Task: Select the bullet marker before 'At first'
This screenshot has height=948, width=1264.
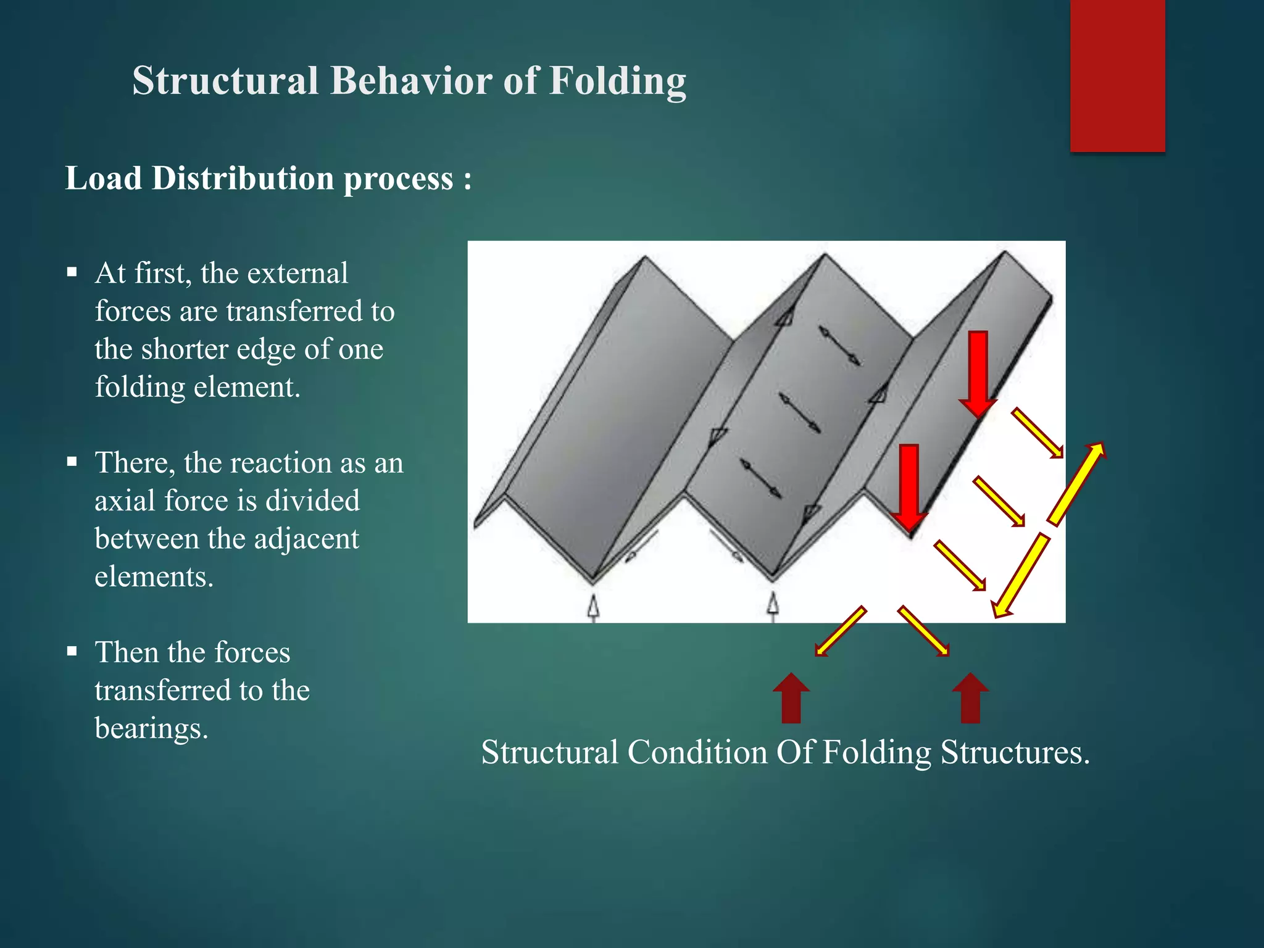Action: [72, 272]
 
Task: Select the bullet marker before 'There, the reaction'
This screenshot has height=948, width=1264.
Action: [72, 461]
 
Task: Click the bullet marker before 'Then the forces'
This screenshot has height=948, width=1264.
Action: [72, 651]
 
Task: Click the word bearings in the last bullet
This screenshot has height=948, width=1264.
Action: [151, 728]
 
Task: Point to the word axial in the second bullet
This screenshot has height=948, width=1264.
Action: [125, 501]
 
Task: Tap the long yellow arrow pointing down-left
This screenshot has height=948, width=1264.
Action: [1021, 576]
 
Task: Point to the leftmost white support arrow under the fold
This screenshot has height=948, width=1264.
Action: [593, 606]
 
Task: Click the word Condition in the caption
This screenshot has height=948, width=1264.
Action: [697, 752]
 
